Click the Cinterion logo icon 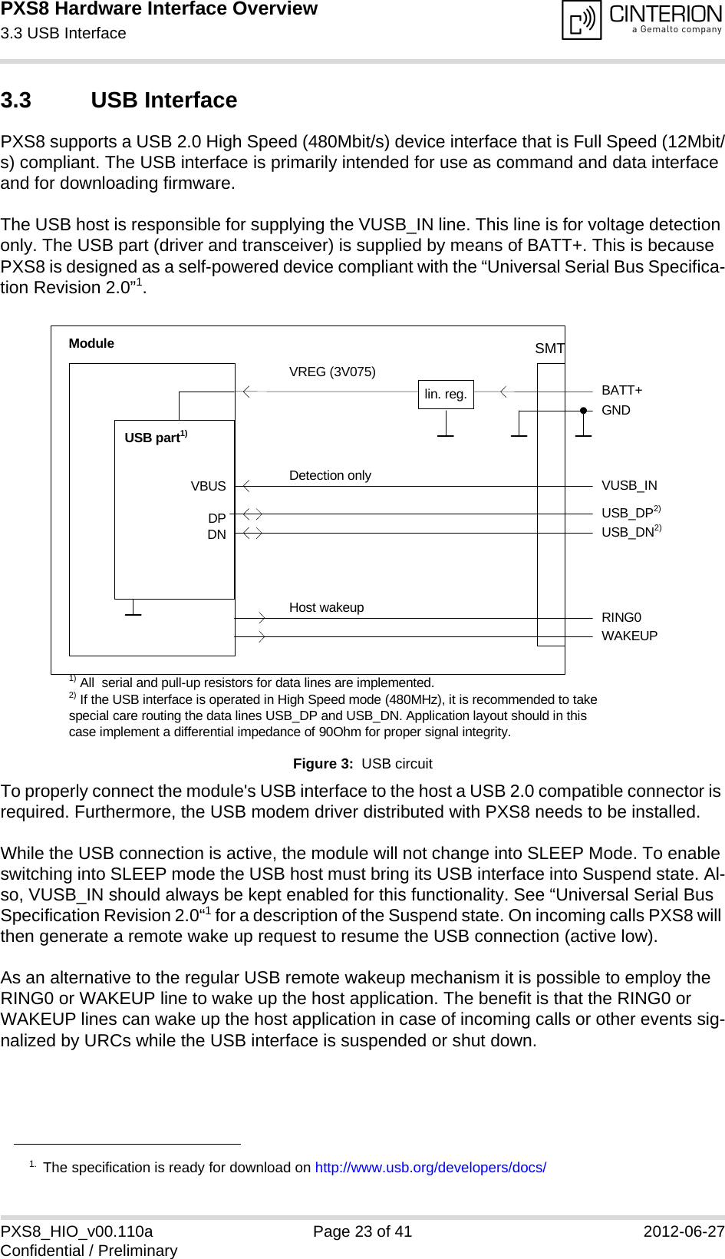582,20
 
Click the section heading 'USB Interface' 163,101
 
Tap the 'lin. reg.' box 446,395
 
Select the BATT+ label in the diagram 621,391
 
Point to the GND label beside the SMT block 615,411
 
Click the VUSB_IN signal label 629,486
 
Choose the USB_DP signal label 627,513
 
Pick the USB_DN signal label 627,532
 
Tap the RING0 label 621,618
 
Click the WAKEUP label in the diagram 629,636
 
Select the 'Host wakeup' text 326,608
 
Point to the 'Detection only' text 330,476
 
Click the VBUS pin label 208,487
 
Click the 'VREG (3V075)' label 332,372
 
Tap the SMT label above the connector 549,349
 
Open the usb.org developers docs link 430,1168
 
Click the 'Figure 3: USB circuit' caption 362,764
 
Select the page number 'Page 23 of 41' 362,1231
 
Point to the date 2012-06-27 683,1231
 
